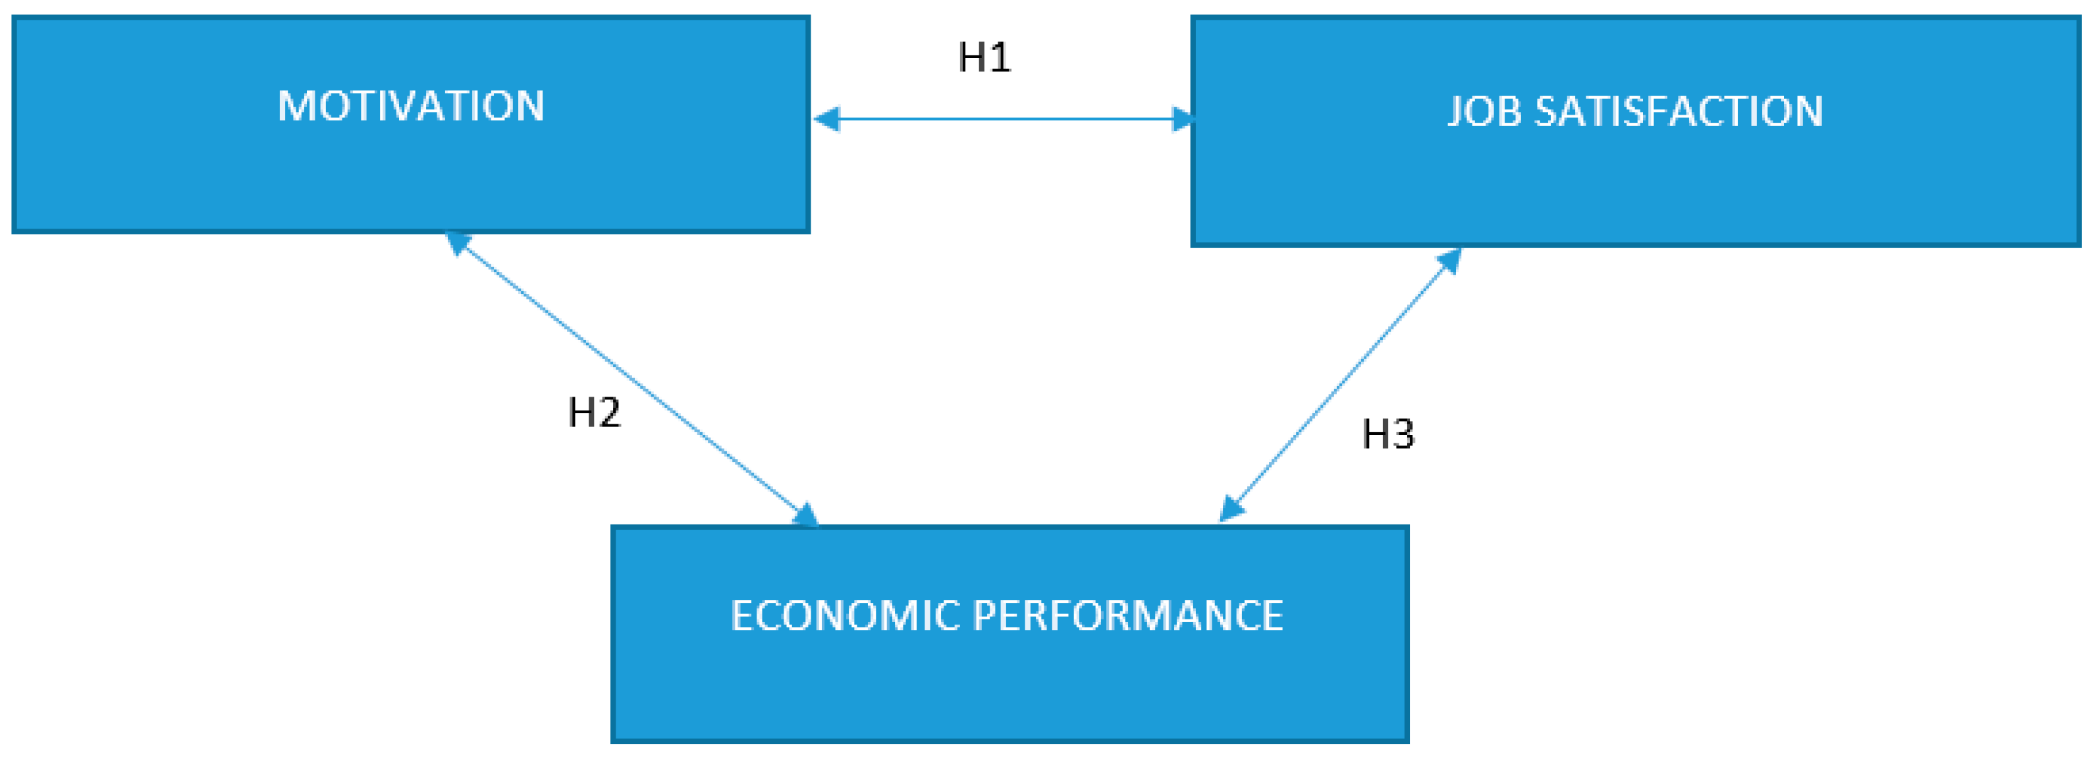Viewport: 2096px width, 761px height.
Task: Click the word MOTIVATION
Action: [410, 107]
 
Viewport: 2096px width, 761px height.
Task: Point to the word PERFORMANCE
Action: [1128, 616]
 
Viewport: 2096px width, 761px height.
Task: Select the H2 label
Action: [594, 412]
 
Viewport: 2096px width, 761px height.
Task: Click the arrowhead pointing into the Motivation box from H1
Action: [826, 119]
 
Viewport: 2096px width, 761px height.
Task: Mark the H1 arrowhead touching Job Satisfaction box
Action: [1181, 119]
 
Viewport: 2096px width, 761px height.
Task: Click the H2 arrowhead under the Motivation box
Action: [457, 242]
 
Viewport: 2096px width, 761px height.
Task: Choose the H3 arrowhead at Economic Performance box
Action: [1231, 509]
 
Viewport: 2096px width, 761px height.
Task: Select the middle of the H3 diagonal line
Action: [1339, 384]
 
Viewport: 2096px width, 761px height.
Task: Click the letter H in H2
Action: [581, 412]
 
